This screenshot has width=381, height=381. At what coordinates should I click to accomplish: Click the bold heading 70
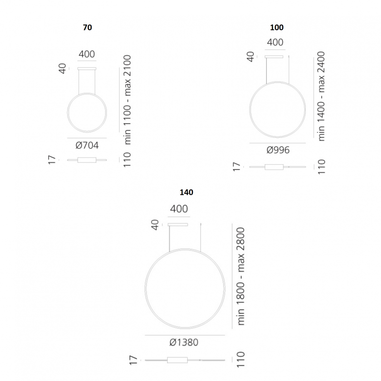point(87,27)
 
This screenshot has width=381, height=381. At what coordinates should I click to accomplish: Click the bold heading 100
point(277,28)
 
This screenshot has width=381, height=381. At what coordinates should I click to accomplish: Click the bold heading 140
point(187,192)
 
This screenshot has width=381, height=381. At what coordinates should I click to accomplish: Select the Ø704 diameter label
point(87,145)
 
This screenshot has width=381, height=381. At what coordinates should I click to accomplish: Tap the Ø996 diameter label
point(278,150)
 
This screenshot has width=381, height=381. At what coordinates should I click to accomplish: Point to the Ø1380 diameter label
point(184,342)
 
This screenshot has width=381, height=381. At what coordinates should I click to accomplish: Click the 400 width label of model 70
point(87,54)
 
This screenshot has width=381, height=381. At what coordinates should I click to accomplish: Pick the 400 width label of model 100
point(275,42)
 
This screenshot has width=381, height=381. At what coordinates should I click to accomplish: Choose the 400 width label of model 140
point(179,209)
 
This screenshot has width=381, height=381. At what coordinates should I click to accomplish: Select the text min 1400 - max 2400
point(321,96)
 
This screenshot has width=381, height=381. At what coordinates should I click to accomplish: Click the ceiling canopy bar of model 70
point(87,68)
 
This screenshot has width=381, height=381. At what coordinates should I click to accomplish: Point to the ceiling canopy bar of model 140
point(178,224)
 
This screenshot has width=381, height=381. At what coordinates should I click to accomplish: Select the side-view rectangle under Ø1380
point(177,360)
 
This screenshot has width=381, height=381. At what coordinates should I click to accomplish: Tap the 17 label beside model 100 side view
point(236,167)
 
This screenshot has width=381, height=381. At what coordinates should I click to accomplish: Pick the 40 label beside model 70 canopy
point(62,69)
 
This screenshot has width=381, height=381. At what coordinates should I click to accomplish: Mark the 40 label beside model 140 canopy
point(154,225)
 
